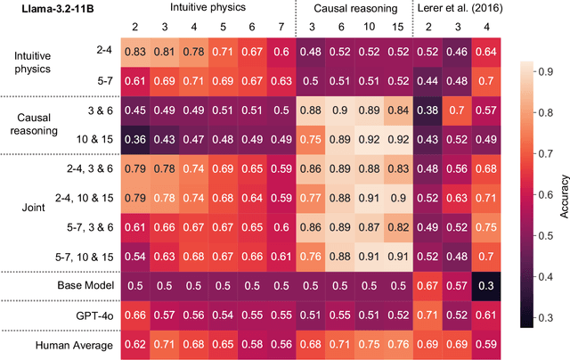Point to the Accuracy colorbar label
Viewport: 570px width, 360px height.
coord(564,191)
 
